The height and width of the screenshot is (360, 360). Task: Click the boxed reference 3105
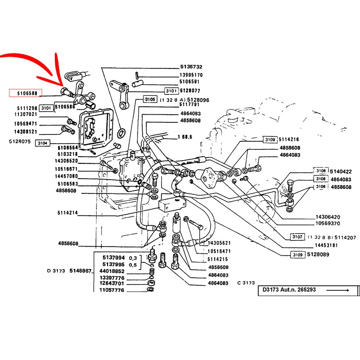tap(150, 99)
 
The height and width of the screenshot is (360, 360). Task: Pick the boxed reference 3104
tap(42, 142)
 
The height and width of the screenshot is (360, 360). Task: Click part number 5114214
tap(68, 213)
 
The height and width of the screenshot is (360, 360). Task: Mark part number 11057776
tap(112, 290)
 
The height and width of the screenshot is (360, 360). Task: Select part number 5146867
tap(82, 271)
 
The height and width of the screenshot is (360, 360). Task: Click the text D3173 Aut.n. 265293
tap(290, 290)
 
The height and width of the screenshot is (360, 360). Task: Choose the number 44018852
tap(112, 271)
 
